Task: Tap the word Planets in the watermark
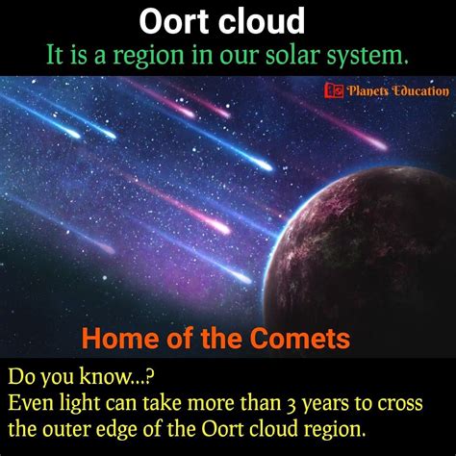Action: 367,91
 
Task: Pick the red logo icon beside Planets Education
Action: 334,91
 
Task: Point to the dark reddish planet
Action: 363,253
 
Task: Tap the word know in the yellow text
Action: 105,376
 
